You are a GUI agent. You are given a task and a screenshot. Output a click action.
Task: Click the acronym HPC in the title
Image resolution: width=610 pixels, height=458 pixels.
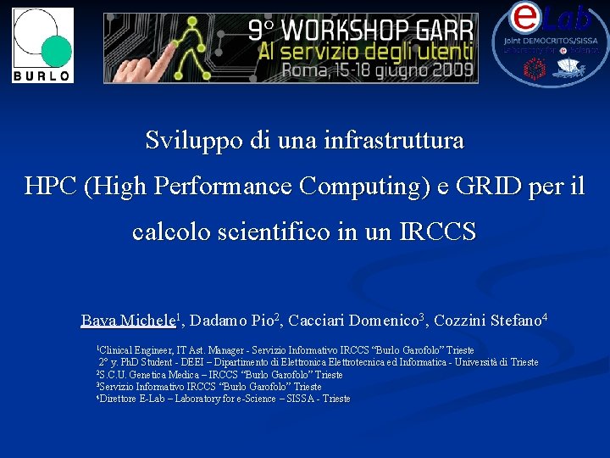click(52, 185)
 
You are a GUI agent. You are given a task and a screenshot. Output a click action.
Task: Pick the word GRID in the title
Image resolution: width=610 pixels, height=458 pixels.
click(480, 185)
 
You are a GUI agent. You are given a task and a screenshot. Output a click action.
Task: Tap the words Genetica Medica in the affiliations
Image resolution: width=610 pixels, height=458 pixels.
click(167, 374)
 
